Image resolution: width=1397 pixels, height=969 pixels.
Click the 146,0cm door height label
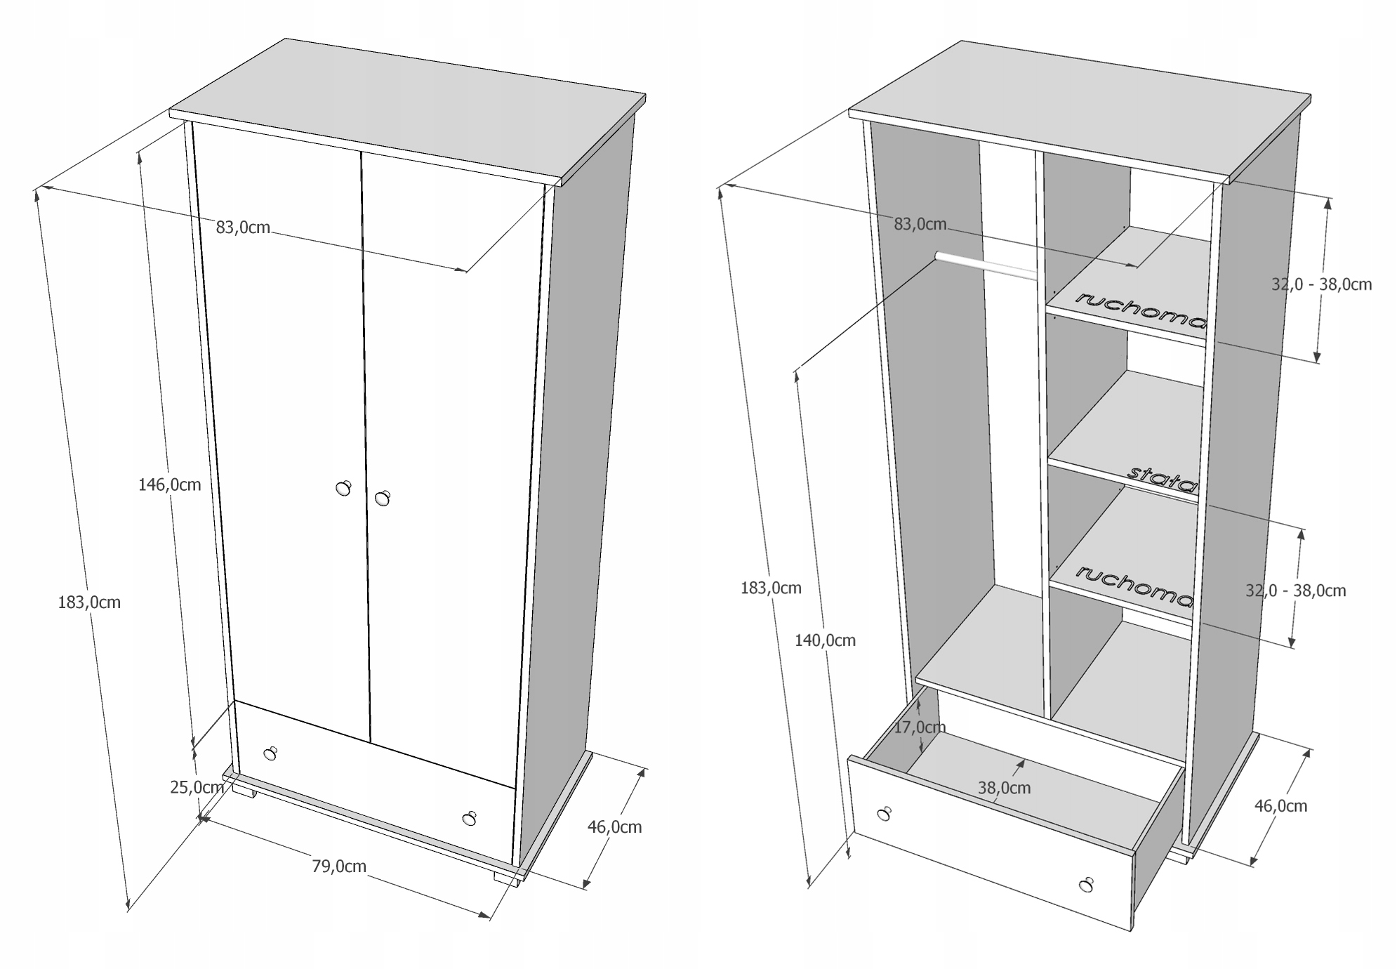[x=169, y=485]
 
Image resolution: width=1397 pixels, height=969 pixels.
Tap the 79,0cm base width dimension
[x=339, y=866]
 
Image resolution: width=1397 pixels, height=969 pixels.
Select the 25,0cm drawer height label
[x=197, y=787]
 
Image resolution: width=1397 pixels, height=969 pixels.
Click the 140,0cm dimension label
[x=825, y=640]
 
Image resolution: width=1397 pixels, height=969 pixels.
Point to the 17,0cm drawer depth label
[x=920, y=727]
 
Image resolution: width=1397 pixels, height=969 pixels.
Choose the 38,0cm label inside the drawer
[x=1004, y=788]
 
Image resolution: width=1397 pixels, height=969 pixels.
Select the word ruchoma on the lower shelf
[x=1133, y=586]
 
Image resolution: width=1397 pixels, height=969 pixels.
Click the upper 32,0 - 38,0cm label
[x=1321, y=284]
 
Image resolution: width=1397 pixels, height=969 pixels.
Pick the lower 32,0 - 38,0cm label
[x=1295, y=591]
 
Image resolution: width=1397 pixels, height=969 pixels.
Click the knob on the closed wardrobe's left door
[x=343, y=488]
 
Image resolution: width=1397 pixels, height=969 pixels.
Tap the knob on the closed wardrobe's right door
[x=382, y=499]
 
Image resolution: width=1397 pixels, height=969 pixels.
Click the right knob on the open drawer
[x=1087, y=885]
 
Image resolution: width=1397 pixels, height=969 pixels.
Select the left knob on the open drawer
[x=885, y=814]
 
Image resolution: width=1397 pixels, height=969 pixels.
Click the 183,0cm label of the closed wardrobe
[x=89, y=602]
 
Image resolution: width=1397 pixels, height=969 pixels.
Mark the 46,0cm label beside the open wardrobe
[x=1280, y=805]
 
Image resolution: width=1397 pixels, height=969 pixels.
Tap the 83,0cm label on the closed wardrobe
[x=243, y=228]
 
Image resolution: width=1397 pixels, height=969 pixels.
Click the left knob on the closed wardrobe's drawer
[x=270, y=754]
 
